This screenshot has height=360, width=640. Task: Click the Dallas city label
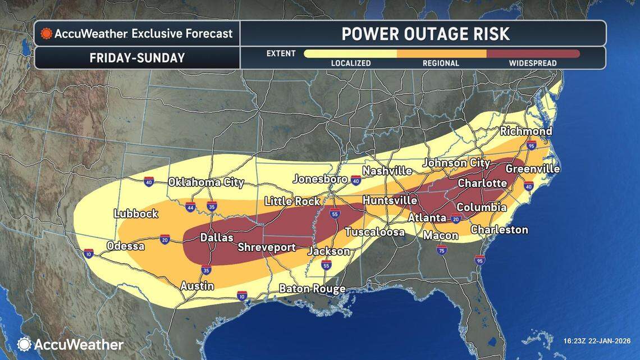217,238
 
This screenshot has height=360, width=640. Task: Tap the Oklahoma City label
206,182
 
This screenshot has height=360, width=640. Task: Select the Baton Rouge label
312,289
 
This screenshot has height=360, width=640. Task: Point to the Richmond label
526,131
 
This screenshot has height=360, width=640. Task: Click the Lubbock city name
136,213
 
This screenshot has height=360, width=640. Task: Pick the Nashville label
387,171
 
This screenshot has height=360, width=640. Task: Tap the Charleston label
499,229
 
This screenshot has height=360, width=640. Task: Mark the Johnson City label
456,163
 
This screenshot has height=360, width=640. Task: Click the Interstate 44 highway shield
190,207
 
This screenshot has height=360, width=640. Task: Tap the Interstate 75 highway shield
442,250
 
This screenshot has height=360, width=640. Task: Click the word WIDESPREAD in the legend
533,63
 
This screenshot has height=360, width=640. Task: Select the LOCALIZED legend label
350,63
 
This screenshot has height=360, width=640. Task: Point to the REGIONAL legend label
441,63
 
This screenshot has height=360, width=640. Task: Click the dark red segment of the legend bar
533,54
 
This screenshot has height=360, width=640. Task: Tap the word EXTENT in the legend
281,54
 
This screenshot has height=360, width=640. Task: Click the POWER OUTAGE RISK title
426,34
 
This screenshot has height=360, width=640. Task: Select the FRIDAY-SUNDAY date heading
137,58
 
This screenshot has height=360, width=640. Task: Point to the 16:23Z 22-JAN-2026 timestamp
597,340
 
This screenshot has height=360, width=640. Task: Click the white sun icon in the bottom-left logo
24,344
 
